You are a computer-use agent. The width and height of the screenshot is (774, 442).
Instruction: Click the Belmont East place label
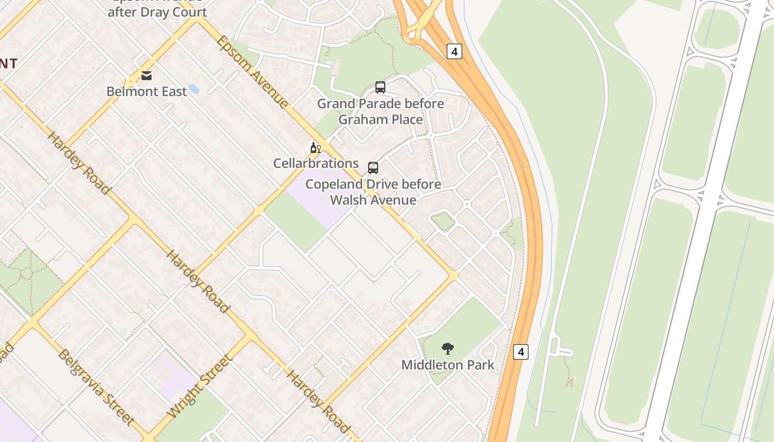pos(147,91)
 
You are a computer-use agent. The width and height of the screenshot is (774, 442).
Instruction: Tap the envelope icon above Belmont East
pos(147,76)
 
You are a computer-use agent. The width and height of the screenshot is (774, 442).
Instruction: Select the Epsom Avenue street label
pos(252,72)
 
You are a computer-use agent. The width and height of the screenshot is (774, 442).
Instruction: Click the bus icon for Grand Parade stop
pos(380,87)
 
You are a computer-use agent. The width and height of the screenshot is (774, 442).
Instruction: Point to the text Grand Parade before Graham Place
pos(380,112)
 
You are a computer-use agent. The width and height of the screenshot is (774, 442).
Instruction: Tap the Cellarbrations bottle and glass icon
pos(316,148)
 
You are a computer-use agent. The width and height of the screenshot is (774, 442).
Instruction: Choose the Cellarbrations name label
pos(316,163)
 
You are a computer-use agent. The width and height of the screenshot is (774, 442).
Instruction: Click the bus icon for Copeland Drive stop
pos(373,168)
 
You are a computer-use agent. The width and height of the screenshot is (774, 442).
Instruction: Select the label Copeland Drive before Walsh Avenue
pos(373,192)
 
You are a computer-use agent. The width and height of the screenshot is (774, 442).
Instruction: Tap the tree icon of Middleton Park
pos(448,349)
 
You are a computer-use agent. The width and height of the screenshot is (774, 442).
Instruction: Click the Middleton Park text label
pos(448,365)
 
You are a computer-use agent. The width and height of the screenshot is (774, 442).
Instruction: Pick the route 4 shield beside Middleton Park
pos(520,351)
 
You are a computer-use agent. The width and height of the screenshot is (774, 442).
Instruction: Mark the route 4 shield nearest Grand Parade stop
pos(454,51)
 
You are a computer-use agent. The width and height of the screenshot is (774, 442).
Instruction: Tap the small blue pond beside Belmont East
pos(193,88)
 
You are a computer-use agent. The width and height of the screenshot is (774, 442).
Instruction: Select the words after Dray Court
pos(157,12)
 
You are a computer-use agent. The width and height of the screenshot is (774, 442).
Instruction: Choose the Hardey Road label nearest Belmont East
pos(79,162)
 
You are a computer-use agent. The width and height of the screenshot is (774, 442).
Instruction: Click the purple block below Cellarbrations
pos(321,199)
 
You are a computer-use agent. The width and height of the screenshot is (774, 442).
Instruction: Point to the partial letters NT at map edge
pos(8,64)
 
